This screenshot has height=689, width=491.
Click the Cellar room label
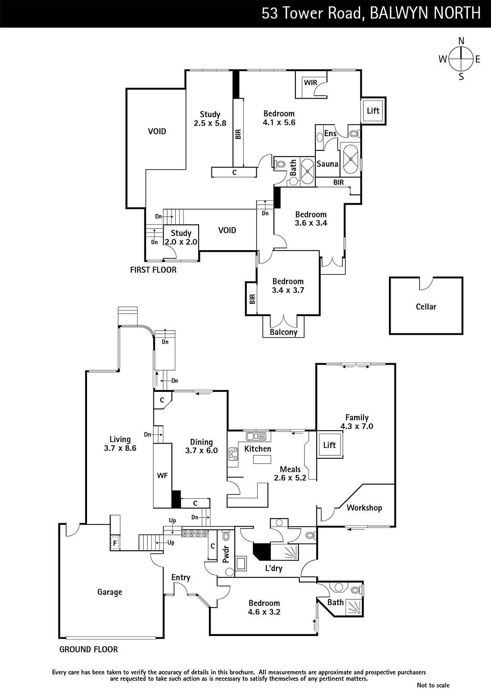pos(426,307)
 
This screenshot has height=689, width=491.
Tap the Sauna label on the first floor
pos(327,164)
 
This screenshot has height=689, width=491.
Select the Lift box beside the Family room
pos(329,445)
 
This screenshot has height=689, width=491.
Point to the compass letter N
pos(461,41)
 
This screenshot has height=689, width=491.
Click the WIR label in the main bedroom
pos(311,83)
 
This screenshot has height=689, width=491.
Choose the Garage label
pos(109,592)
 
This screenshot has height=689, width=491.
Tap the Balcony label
pos(283,332)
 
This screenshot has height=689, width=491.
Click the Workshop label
pos(364,508)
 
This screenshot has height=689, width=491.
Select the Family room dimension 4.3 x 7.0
pos(357,426)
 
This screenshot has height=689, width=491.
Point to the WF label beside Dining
pos(162,475)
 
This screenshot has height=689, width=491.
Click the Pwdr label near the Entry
pos(226,555)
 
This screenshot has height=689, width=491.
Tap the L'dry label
pos(273,568)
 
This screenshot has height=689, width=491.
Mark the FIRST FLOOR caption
pos(153,270)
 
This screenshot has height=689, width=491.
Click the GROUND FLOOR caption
pos(88,649)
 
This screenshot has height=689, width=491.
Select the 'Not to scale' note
pos(433,685)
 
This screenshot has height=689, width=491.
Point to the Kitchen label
pos(258,449)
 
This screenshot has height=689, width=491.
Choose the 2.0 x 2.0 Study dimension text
pos(181,242)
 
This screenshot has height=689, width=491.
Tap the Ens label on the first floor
pos(330,133)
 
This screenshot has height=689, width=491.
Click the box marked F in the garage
pos(115,543)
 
